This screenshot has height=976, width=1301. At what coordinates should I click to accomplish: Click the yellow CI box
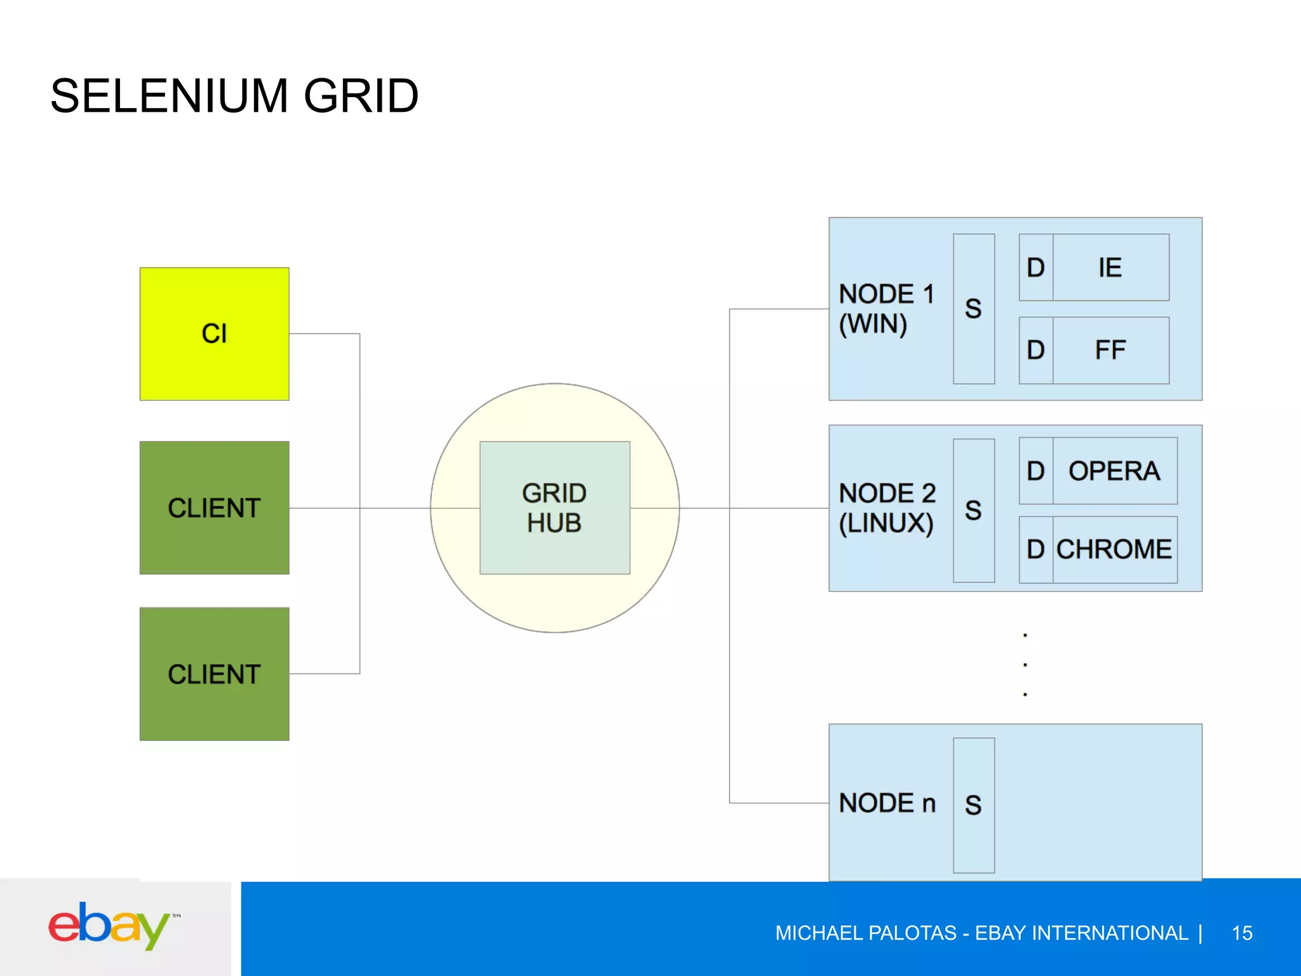point(214,334)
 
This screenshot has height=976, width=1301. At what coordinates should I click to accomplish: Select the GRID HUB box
point(555,508)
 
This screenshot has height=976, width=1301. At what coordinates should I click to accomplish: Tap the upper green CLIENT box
point(214,508)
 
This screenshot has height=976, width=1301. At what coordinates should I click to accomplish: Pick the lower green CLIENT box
point(214,674)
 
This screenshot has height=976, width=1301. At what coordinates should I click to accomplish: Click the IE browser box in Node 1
point(1110,268)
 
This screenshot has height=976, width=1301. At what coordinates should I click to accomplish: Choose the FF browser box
point(1110,350)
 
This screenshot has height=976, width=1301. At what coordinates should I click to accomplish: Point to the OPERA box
point(1114,471)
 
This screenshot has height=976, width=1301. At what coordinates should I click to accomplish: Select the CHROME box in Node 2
point(1114,550)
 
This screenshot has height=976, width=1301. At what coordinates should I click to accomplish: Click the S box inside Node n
point(973,805)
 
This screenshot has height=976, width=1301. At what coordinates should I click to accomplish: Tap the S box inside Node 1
point(973,309)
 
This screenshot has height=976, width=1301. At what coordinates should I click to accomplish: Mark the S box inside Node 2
point(973,510)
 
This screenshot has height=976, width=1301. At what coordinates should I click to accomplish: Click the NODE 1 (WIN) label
point(886,309)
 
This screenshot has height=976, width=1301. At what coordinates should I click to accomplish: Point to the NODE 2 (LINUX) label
point(887,508)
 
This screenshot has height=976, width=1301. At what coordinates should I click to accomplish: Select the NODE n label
point(887,803)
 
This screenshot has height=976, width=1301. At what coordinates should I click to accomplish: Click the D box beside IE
point(1035,268)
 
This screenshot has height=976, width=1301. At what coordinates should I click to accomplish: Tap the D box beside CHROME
point(1035,550)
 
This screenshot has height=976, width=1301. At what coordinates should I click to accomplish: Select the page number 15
point(1242,933)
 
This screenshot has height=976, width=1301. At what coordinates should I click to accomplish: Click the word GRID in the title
point(361,97)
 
